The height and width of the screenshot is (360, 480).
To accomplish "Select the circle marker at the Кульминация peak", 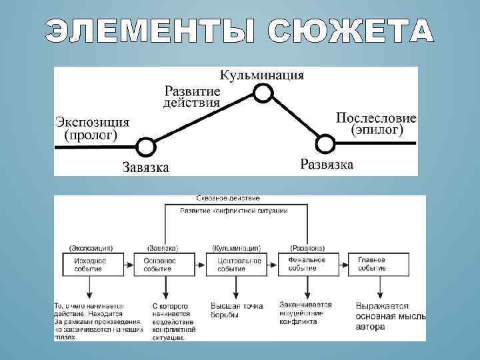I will [x=264, y=93].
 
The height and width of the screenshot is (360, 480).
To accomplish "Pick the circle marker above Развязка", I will [x=324, y=143].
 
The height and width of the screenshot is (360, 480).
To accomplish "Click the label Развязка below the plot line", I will [x=327, y=164].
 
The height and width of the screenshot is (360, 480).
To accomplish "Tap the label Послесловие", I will [x=376, y=117].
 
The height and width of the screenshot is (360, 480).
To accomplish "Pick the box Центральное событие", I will [x=235, y=264].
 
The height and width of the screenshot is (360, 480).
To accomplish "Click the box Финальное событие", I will [x=307, y=263].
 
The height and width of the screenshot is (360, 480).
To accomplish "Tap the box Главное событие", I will [x=372, y=264].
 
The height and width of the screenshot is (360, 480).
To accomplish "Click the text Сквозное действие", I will [x=229, y=199].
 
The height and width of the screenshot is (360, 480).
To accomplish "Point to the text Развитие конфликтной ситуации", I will [x=234, y=211].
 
